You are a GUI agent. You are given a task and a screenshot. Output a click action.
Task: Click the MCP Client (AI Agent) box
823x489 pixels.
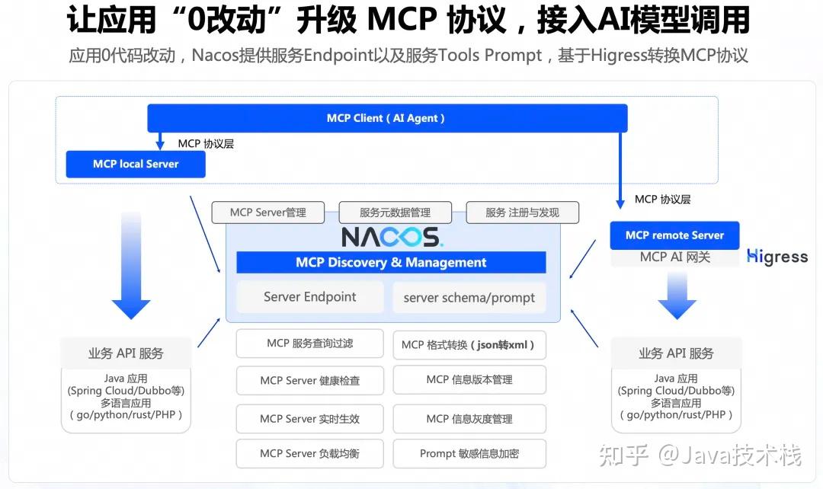[x=387, y=118]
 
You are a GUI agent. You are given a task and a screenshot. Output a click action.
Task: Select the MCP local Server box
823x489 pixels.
[x=136, y=164]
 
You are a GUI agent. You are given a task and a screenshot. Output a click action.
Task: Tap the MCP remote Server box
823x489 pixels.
[x=674, y=235]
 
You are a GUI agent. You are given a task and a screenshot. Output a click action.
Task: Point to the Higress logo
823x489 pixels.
[x=777, y=257]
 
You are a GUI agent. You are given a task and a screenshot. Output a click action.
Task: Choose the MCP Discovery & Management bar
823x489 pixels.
[x=391, y=262]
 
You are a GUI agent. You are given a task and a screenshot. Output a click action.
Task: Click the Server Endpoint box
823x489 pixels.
[x=309, y=297]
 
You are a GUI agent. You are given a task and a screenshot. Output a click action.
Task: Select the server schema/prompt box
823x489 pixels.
[x=469, y=298]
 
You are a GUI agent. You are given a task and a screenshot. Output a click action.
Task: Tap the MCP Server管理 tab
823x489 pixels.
[x=268, y=213]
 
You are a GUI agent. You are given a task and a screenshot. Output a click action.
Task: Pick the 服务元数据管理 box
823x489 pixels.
[x=395, y=213]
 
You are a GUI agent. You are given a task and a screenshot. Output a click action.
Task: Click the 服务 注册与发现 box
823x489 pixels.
[x=522, y=213]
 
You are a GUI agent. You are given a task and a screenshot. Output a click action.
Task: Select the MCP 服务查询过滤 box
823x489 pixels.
[x=309, y=344]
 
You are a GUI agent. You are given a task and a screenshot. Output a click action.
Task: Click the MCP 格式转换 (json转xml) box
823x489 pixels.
[x=469, y=345]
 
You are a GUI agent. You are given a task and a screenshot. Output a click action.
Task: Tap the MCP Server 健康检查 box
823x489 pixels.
[x=309, y=380]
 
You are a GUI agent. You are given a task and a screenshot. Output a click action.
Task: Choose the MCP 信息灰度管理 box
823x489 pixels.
[x=469, y=419]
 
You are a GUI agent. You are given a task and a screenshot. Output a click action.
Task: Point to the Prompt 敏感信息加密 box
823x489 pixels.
[x=469, y=453]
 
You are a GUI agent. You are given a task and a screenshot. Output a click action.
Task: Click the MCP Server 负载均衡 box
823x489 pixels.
[x=309, y=453]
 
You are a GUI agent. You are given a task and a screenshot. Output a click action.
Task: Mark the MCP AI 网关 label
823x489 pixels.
[x=675, y=257]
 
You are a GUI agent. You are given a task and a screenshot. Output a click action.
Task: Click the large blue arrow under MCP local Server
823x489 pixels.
[x=131, y=266]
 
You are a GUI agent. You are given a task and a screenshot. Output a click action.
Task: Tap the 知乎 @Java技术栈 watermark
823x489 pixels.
[x=700, y=455]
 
